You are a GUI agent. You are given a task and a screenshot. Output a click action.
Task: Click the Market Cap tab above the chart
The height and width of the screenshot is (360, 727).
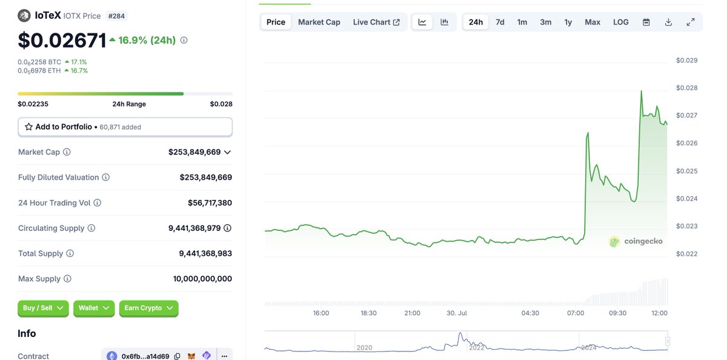(x=319, y=22)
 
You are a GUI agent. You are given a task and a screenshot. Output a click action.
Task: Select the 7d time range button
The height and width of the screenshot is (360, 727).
(x=500, y=22)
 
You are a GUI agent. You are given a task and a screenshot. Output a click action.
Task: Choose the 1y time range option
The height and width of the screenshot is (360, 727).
(x=568, y=22)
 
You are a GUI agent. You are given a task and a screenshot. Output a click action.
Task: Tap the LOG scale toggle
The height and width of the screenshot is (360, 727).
(x=620, y=22)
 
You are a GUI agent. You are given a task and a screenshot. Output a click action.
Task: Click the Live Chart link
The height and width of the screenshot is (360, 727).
(x=376, y=22)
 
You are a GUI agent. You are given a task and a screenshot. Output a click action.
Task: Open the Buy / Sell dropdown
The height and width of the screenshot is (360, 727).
(x=43, y=308)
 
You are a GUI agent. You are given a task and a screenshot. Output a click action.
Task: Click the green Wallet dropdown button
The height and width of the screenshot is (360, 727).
(x=93, y=308)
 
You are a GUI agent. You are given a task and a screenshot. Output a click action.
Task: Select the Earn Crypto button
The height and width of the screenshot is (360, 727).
(x=148, y=308)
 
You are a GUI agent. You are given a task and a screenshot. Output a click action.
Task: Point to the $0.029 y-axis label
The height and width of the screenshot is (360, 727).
(x=686, y=60)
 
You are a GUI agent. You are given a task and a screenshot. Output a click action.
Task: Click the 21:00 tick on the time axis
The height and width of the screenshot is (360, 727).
(x=412, y=313)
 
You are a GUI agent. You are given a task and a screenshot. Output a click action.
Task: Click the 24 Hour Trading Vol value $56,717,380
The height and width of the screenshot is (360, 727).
(x=210, y=203)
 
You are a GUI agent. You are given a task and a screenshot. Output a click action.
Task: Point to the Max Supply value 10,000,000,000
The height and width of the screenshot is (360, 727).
(x=202, y=279)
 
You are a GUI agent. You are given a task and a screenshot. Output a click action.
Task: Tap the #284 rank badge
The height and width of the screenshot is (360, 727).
(x=116, y=16)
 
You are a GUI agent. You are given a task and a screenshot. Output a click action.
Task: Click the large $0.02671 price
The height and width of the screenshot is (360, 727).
(x=62, y=41)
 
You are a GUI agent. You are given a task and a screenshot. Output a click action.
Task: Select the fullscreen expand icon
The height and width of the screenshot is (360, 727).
(x=690, y=22)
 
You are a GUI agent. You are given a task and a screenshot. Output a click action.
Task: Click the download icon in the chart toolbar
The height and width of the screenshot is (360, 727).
(x=668, y=22)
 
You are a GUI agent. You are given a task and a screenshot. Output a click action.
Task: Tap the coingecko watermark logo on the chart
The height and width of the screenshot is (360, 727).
(x=636, y=241)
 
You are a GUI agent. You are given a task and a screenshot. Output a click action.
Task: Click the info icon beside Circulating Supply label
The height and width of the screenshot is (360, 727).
(x=91, y=228)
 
